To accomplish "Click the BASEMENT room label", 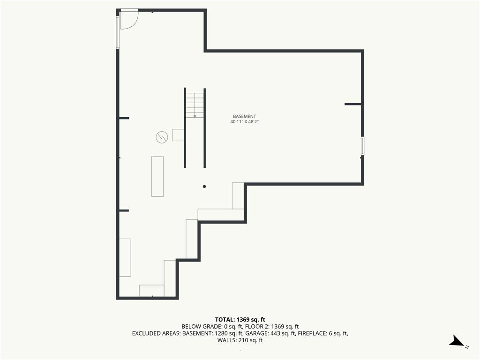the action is (x=244, y=116).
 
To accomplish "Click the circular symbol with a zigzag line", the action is (x=162, y=137).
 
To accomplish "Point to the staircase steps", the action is (x=195, y=105).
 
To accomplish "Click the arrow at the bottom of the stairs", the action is (x=195, y=116).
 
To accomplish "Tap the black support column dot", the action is (x=204, y=187).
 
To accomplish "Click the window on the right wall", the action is (x=362, y=146).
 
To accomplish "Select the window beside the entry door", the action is (x=117, y=32).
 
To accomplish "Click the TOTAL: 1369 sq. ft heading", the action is (x=240, y=320).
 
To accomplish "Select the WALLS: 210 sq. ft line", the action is (x=240, y=340).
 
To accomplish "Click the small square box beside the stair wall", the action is (x=178, y=135).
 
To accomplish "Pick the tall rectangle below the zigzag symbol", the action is (x=157, y=177).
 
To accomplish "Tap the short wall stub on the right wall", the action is (x=353, y=104).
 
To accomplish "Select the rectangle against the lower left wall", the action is (x=125, y=257).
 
